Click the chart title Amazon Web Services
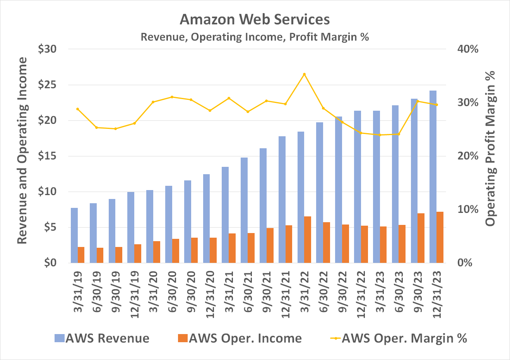point(255,19)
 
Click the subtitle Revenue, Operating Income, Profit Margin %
point(255,37)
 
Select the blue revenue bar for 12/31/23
point(433,177)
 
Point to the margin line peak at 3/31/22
point(304,74)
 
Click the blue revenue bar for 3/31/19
point(74,235)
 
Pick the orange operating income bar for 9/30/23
point(421,238)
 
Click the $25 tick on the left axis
point(47,85)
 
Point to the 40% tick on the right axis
point(468,49)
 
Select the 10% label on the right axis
point(468,209)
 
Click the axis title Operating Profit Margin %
point(490,149)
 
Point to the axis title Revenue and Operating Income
point(22,151)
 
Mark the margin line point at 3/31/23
point(380,135)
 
